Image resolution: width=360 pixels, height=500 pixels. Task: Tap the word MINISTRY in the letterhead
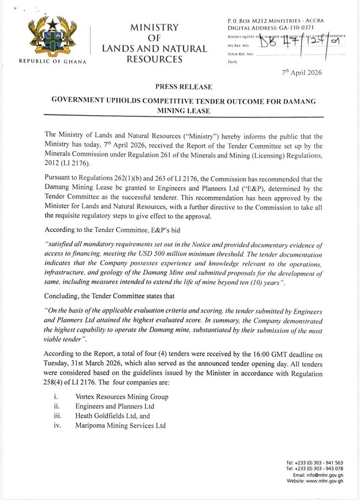pyautogui.click(x=155, y=27)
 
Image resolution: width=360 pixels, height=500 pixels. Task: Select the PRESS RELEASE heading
pyautogui.click(x=181, y=87)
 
